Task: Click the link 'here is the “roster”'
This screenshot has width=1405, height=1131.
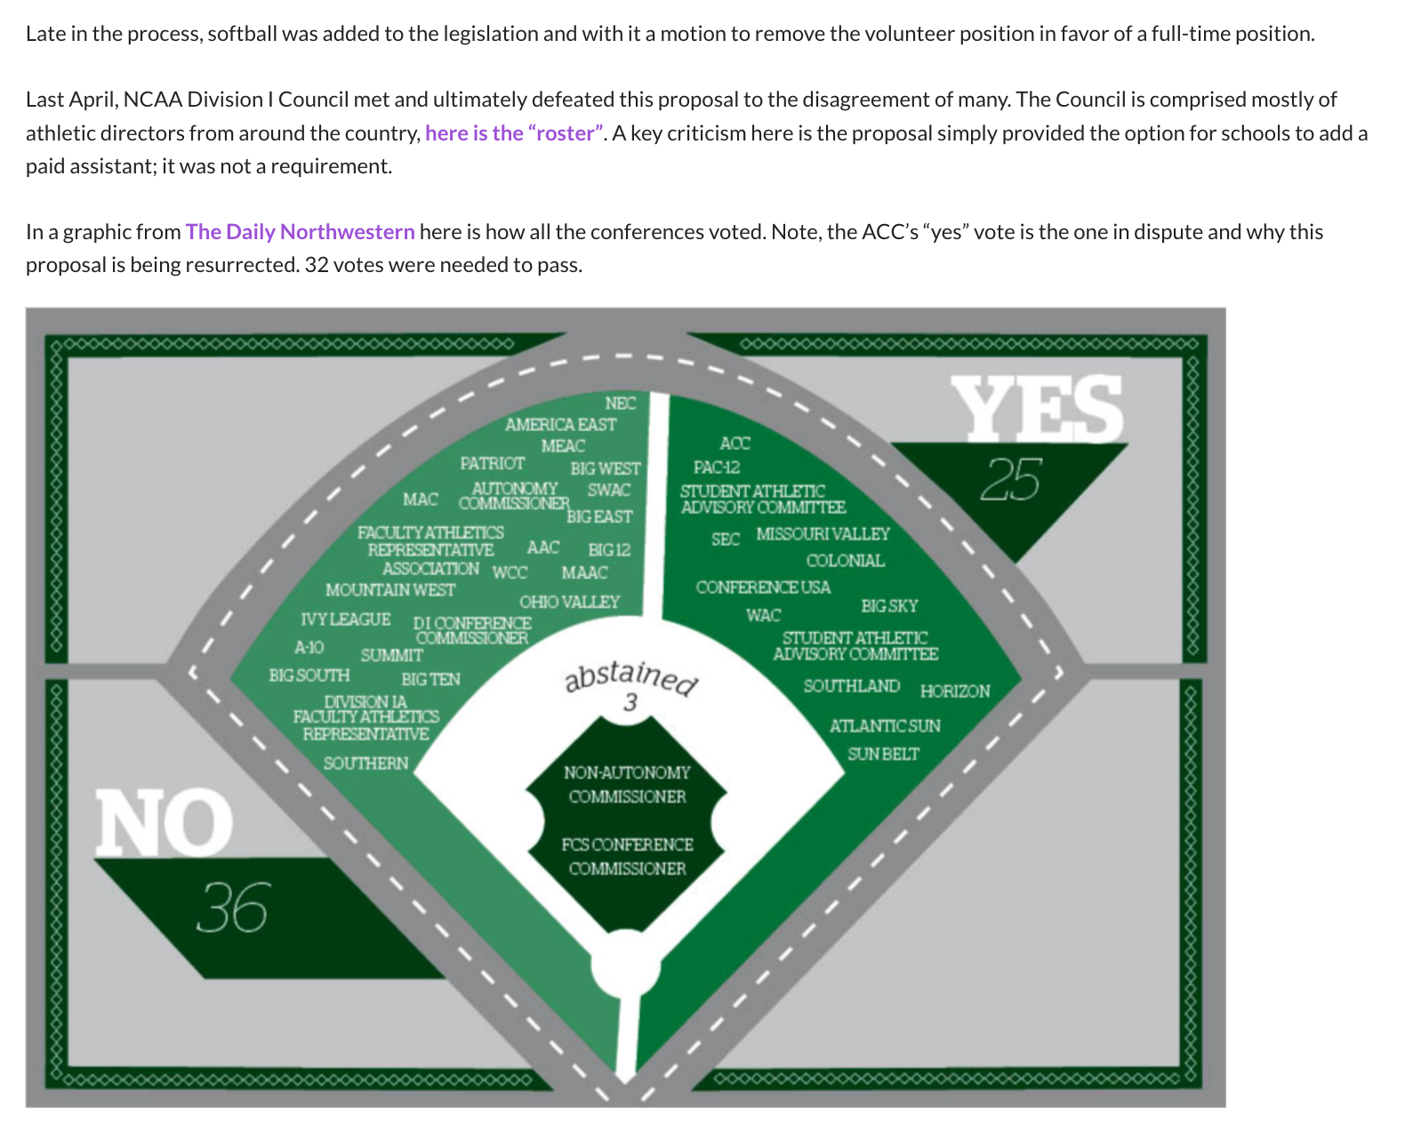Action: pyautogui.click(x=515, y=133)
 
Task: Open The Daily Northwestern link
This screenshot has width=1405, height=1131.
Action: pyautogui.click(x=300, y=232)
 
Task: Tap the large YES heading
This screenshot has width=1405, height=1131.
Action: pyautogui.click(x=1037, y=408)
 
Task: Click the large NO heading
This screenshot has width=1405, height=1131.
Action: pyautogui.click(x=164, y=822)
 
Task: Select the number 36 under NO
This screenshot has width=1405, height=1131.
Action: pyautogui.click(x=231, y=908)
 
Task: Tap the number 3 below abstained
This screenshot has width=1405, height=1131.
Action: pyautogui.click(x=630, y=702)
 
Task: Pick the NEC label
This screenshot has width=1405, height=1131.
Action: pyautogui.click(x=620, y=404)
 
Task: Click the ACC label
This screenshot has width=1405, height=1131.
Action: pyautogui.click(x=735, y=443)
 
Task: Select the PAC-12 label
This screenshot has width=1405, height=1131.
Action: pyautogui.click(x=717, y=467)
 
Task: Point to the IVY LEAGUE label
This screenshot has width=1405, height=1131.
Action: pyautogui.click(x=345, y=619)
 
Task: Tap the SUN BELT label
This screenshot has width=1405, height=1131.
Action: pyautogui.click(x=883, y=754)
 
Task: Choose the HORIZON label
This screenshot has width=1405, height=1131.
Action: pyautogui.click(x=955, y=691)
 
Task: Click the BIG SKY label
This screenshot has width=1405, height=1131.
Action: pyautogui.click(x=889, y=606)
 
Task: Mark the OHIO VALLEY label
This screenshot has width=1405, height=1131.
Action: pyautogui.click(x=569, y=602)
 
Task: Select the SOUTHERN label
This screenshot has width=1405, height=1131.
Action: pyautogui.click(x=365, y=763)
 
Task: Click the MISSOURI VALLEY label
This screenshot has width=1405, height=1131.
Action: pyautogui.click(x=823, y=533)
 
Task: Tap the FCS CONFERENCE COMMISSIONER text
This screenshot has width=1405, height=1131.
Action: pyautogui.click(x=627, y=856)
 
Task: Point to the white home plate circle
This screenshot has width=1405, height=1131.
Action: pyautogui.click(x=627, y=965)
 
